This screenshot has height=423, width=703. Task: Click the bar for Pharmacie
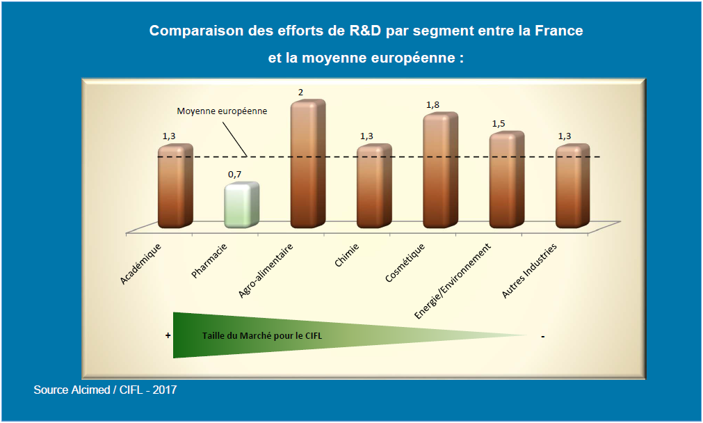coord(241,205)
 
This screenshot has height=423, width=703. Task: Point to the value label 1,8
coord(433,104)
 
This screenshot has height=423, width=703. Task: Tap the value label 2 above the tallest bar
coord(300,92)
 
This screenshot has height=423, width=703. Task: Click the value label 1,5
coord(499,123)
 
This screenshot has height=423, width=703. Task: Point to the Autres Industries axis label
coord(529,271)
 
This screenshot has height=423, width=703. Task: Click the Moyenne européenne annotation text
coord(222,111)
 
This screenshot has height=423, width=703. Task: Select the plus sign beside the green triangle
coord(168,335)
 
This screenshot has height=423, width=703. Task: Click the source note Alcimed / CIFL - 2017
coord(105,390)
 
